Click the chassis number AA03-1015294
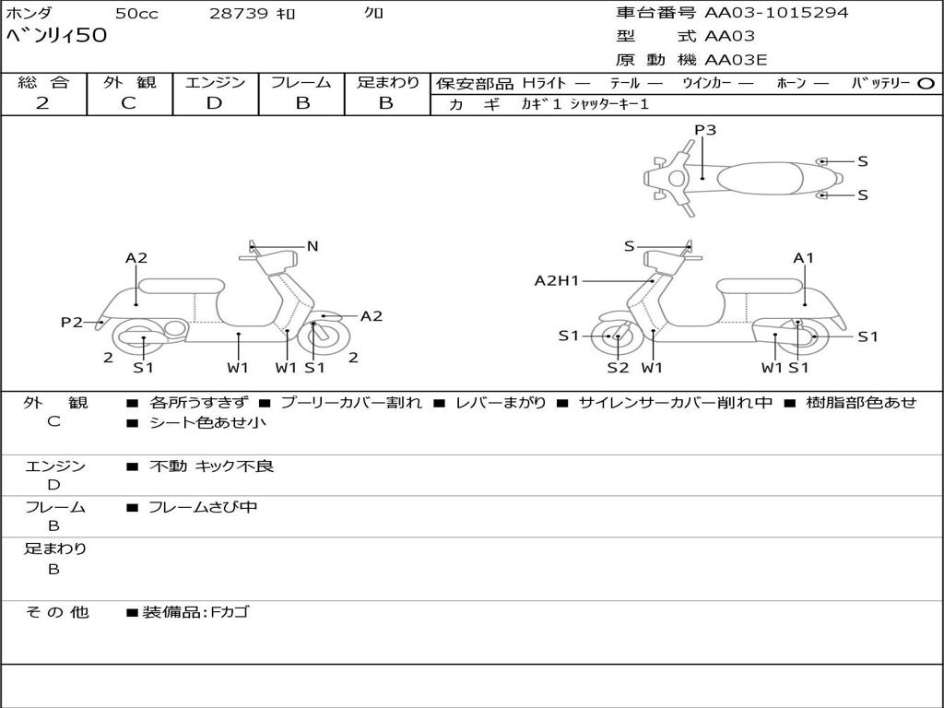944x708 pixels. point(776,13)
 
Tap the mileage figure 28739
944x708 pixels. point(239,13)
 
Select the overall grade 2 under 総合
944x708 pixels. point(42,103)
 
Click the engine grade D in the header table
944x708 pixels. point(214,103)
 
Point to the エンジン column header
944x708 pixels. point(215,82)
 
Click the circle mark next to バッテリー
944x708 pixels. point(926,84)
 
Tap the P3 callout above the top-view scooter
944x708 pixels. point(705,130)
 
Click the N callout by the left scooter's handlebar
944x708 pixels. point(313,246)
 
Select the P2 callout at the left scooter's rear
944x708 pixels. point(72,323)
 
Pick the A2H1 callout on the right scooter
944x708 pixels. point(557,280)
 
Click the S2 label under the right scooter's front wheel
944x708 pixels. point(618,368)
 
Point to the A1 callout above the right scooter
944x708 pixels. point(803,258)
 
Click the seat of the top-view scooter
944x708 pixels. point(761,179)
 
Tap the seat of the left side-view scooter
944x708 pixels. point(182,286)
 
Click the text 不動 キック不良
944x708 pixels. point(211,466)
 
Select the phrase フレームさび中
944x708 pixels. point(203,508)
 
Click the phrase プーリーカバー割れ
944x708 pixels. point(351,403)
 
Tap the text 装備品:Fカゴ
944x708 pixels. point(195,613)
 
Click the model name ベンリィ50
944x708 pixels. point(56,35)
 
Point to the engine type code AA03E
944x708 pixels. point(736,60)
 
